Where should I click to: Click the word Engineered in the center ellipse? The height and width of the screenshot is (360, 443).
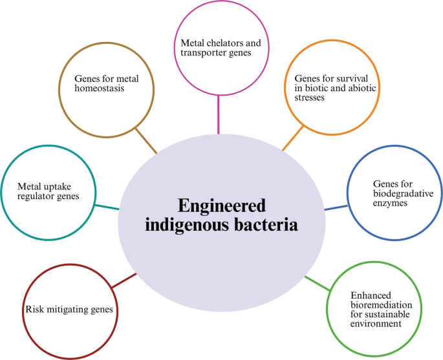222,206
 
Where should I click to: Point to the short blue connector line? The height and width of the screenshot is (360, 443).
335,208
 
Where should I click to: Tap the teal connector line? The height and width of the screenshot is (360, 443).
107,207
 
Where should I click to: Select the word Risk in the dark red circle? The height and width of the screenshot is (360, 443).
34,310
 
